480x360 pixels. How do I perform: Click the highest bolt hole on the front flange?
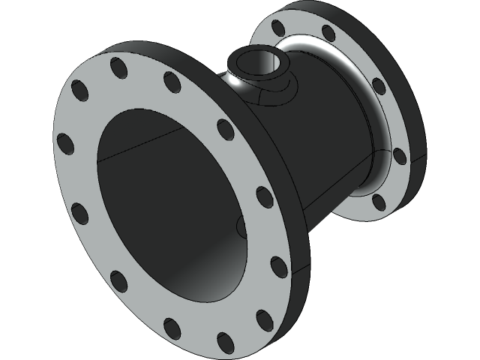click(119, 67)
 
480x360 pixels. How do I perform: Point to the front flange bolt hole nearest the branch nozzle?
click(172, 82)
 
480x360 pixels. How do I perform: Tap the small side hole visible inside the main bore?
click(240, 225)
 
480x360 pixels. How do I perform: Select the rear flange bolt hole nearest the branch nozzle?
click(279, 28)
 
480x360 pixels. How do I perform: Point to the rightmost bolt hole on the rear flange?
click(399, 156)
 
